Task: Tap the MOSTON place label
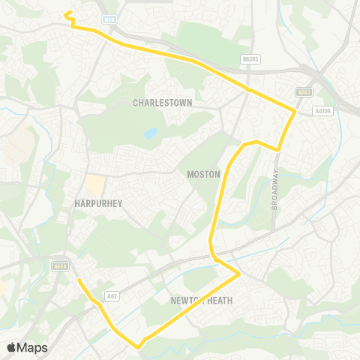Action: point(204,174)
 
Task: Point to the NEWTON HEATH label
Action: point(197,301)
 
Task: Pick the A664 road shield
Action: point(61,265)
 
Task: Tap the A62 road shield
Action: point(112,295)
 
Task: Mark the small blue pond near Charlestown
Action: point(151,133)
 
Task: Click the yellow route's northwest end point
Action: point(67,13)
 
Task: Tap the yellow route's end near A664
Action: point(79,280)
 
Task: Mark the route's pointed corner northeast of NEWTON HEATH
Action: point(239,274)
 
